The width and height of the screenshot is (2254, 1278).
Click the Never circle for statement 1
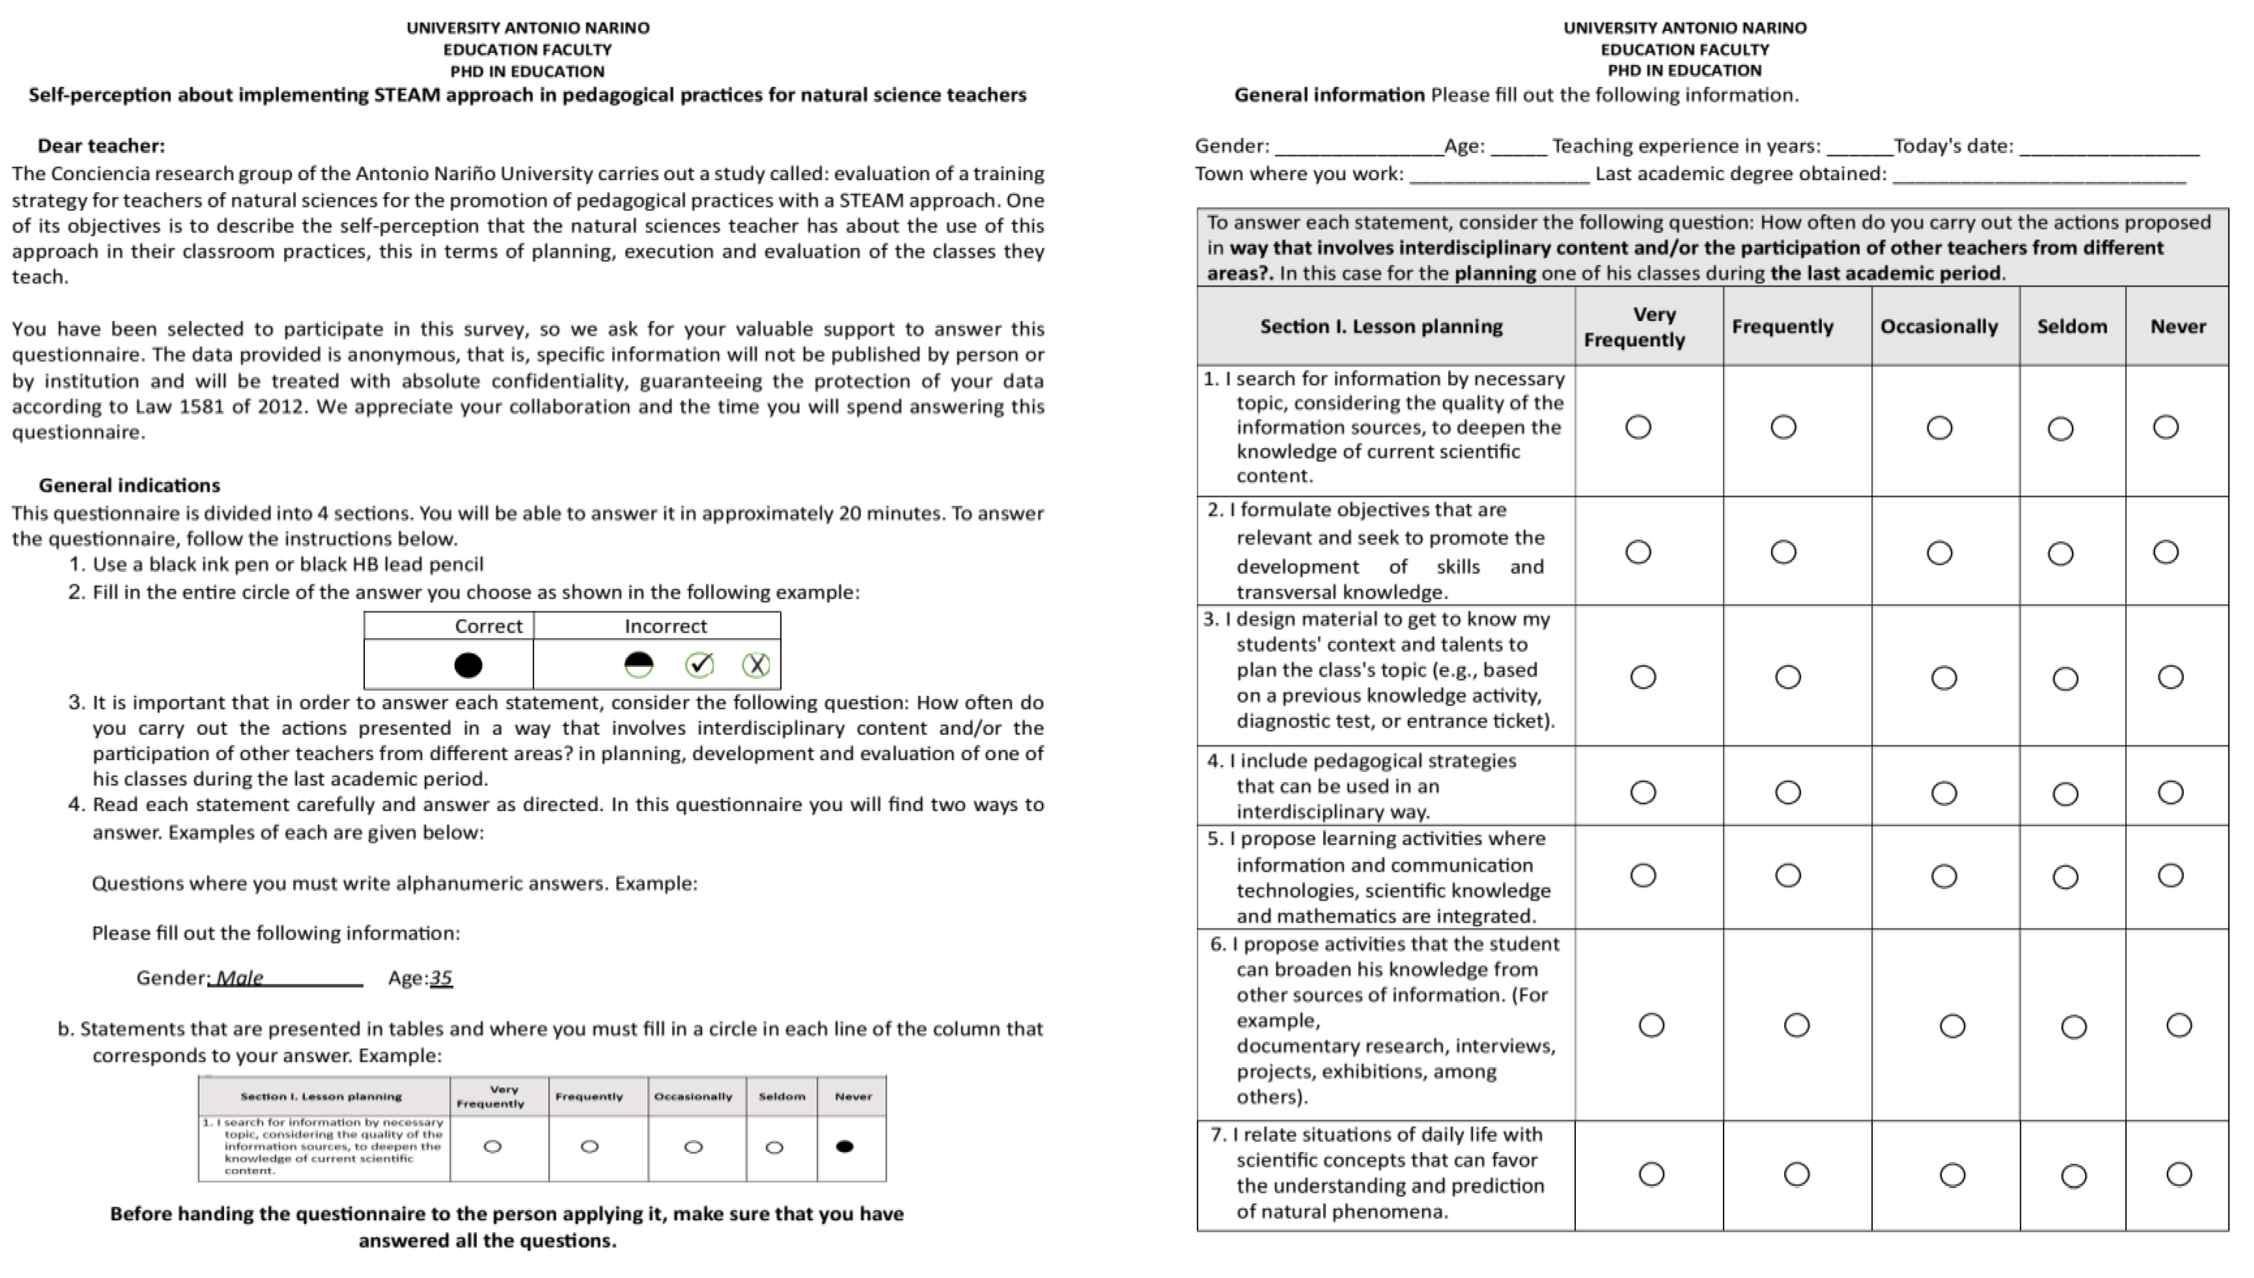[2165, 428]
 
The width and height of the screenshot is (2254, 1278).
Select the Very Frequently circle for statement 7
[1651, 1175]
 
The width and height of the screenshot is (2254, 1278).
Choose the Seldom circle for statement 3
[2065, 678]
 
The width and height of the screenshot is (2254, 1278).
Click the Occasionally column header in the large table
[1938, 326]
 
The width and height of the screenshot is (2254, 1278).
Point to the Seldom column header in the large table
[2072, 326]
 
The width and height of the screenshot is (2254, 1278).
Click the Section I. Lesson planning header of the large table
[1381, 326]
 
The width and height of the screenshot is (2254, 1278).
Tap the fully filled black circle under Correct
[468, 665]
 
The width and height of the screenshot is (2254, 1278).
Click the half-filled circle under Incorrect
[638, 665]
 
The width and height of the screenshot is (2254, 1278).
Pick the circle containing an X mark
[756, 665]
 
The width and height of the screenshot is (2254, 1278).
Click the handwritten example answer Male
[239, 978]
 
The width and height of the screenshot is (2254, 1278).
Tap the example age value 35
[441, 978]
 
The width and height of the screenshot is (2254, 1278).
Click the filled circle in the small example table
[844, 1146]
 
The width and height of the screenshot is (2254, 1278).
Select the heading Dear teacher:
[101, 146]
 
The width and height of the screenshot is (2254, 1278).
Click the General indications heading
[129, 486]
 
